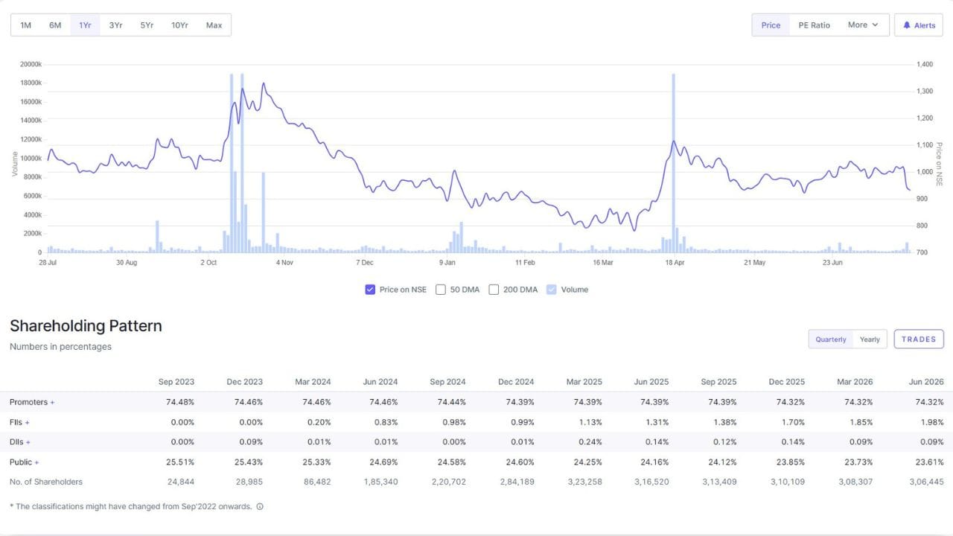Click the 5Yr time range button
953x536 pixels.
(147, 25)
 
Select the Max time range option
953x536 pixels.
(214, 25)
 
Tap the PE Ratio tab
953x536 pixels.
(814, 25)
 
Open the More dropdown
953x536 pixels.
(863, 25)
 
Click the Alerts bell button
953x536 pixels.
(919, 25)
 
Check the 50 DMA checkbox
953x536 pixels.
(441, 290)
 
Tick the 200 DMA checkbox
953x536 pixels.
(494, 290)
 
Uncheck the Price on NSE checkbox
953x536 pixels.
(370, 290)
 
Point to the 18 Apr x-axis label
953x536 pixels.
(675, 263)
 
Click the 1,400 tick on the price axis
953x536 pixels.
(925, 64)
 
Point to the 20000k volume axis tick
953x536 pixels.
(31, 64)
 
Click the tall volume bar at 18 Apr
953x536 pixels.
(674, 163)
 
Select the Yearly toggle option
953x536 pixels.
(870, 339)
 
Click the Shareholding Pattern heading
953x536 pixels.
(86, 326)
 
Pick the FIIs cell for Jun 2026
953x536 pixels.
(929, 422)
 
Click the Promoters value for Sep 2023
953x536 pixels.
(180, 402)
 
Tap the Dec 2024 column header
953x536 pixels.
(516, 382)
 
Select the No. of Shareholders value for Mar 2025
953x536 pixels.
(584, 482)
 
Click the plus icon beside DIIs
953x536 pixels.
(28, 442)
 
